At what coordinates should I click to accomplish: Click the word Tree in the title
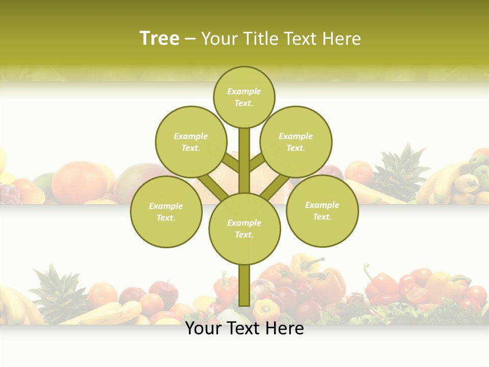pos(159,39)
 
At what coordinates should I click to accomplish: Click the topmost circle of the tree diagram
pos(244,97)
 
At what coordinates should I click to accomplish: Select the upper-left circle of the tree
pos(191,142)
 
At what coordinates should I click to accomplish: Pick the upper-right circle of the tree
pos(295,142)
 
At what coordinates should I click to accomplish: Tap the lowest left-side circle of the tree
pos(166,212)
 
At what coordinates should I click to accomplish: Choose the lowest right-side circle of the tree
pos(322,211)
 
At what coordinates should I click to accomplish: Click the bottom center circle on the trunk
pos(244,228)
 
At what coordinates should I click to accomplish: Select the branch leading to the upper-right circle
pos(257,163)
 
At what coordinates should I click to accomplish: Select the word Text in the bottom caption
pos(244,329)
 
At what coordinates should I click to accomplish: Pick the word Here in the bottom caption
pos(285,329)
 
